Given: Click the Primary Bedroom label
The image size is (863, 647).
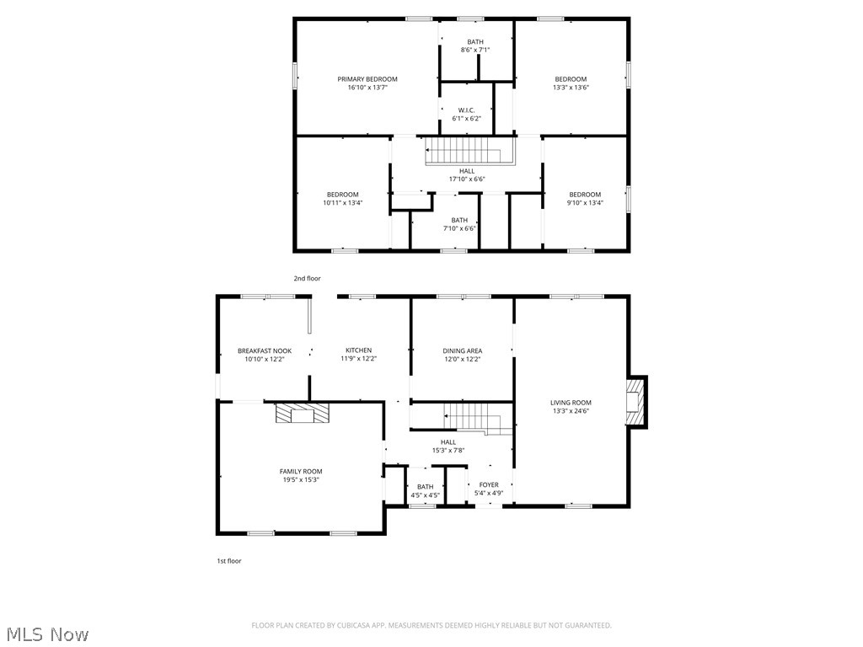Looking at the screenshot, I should point(367,79).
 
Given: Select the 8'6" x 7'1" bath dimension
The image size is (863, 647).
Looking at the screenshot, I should point(475,51).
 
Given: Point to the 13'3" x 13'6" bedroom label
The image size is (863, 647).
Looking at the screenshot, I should point(570,79).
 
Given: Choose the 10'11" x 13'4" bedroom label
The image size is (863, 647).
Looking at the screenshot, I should point(342,195).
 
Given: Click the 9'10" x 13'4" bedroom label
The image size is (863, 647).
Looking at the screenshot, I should point(584,195).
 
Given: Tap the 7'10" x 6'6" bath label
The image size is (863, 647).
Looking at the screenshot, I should point(458,221).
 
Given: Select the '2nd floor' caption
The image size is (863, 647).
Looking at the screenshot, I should point(307,278).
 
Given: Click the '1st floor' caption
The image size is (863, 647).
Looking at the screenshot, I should point(228,560).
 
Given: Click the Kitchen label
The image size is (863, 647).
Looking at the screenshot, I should point(358,350).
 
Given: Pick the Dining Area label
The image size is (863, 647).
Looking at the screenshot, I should point(462,350).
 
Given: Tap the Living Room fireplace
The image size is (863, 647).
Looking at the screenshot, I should point(636,403).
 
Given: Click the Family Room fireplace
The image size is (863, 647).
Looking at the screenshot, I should point(303,414).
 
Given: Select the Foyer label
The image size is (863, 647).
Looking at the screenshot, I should point(488,484).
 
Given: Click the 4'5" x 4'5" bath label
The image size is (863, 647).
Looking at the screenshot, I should point(425,486).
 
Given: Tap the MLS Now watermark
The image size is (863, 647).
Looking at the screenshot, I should point(46,634).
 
